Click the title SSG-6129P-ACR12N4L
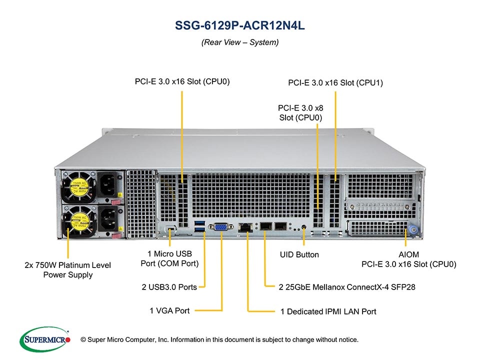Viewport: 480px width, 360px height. (240, 25)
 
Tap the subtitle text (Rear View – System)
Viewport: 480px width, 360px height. (240, 42)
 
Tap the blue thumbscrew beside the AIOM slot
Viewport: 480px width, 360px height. (413, 229)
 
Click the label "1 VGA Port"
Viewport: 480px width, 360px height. (169, 311)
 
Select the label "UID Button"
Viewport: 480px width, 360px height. (299, 254)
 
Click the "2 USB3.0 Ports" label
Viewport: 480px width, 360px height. (169, 287)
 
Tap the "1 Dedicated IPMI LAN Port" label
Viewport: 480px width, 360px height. (328, 311)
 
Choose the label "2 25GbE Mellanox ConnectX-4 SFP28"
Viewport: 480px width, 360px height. (346, 287)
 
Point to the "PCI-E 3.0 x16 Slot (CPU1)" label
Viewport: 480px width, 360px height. (335, 83)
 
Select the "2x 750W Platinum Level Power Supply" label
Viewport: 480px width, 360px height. (68, 269)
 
